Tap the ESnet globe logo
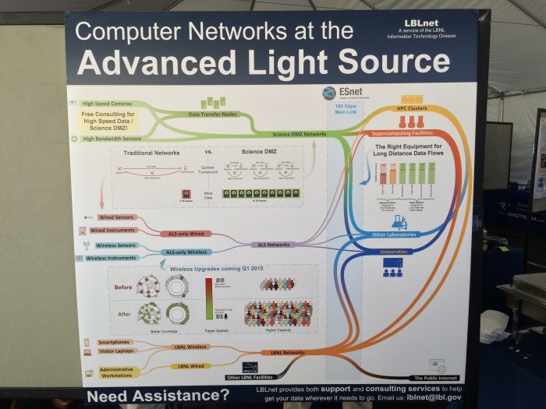pos(329,93)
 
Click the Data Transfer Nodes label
pos(214,115)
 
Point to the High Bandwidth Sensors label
pos(108,138)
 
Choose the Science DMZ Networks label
pos(300,134)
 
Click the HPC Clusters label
pos(412,108)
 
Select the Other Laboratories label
pos(394,234)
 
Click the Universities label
pos(393,252)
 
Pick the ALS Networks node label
pos(274,245)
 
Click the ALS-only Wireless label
pos(186,252)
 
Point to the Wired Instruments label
pos(113,230)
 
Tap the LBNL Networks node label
pos(288,352)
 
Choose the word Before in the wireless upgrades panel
pos(123,287)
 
